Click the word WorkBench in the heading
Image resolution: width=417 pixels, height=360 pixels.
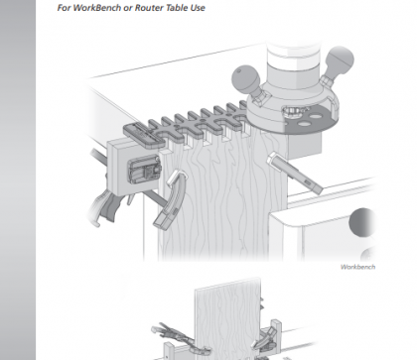pos(96,8)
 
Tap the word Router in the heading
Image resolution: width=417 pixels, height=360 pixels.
pos(148,8)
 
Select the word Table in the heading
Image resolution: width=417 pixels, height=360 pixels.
pos(177,8)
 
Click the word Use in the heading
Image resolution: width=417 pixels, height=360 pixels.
pos(198,8)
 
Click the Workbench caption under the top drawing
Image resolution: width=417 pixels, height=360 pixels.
pos(357,267)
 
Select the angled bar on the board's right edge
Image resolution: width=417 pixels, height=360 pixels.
pos(295,174)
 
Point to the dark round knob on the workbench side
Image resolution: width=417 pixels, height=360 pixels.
pos(362,222)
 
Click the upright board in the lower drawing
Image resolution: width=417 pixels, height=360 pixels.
pos(228,317)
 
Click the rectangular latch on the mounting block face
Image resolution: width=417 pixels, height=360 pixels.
pos(144,170)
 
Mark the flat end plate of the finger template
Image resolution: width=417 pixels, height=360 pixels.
pos(143,135)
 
